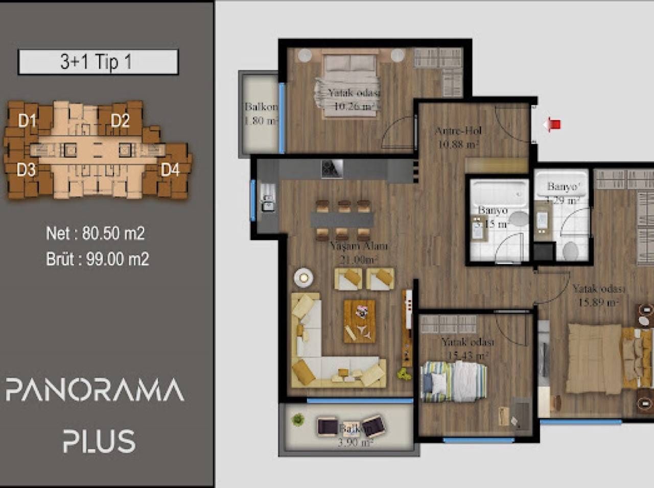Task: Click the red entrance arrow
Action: (x=552, y=124)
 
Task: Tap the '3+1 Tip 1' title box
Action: (x=98, y=62)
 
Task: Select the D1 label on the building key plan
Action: (x=27, y=121)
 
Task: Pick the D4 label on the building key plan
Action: (x=170, y=169)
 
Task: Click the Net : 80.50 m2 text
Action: (x=96, y=234)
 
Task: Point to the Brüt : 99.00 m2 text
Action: (x=98, y=259)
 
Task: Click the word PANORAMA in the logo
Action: (x=95, y=391)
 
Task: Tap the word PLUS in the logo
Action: (x=99, y=442)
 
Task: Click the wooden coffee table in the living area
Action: (x=361, y=321)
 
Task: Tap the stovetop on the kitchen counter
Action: (x=332, y=169)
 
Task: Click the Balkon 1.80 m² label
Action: (x=261, y=114)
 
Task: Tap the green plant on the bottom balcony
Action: (x=297, y=420)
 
